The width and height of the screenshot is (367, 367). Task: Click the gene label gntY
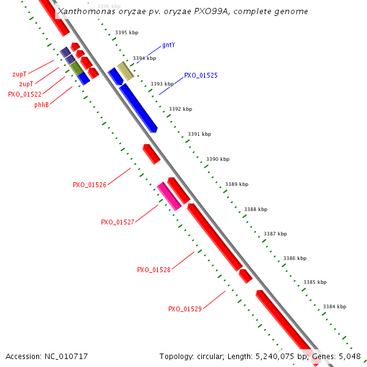click(169, 45)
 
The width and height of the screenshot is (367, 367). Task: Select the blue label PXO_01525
click(201, 75)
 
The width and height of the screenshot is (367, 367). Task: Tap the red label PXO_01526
click(89, 185)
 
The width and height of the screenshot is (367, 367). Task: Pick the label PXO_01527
click(117, 222)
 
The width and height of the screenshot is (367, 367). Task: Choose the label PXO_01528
click(154, 270)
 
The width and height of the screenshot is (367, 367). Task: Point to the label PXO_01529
click(185, 309)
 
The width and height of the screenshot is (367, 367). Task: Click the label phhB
click(42, 105)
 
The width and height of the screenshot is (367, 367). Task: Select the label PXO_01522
click(24, 94)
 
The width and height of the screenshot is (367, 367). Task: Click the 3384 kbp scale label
click(335, 306)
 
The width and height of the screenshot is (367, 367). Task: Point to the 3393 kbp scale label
click(162, 84)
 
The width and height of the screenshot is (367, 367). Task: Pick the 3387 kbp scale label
click(275, 234)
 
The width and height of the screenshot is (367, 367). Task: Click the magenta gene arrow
click(168, 196)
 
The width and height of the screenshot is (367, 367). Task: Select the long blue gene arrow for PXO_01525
click(138, 108)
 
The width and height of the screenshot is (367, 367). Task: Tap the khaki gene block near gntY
click(125, 71)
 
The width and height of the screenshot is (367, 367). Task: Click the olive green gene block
click(76, 68)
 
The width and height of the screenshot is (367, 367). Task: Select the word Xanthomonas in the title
click(81, 12)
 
